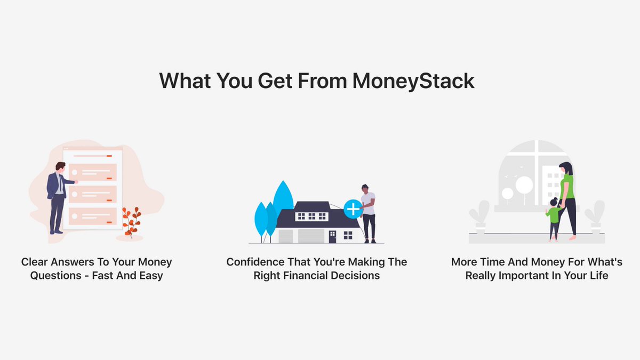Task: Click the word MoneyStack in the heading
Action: pos(413,81)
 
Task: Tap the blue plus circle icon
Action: pos(353,209)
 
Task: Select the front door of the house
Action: pos(332,236)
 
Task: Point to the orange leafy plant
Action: pos(131,221)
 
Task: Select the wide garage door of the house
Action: pos(311,236)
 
